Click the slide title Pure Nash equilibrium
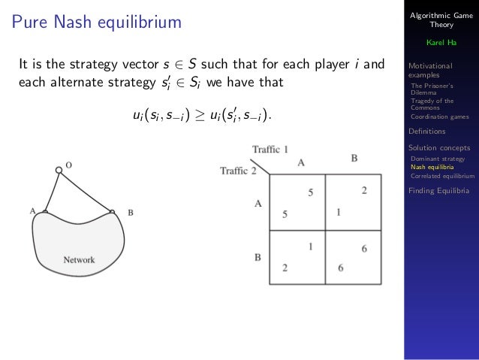pos(97,23)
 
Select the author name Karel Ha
pos(440,42)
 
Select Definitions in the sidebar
pos(426,131)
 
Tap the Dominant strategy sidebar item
pos(438,159)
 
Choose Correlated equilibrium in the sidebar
pos(443,176)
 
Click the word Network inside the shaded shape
pos(79,260)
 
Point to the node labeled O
pos(59,169)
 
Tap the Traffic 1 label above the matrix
pos(270,149)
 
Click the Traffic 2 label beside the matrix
pos(238,171)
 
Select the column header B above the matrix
pos(354,159)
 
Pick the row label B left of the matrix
pos(257,257)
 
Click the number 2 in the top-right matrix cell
pos(364,191)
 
